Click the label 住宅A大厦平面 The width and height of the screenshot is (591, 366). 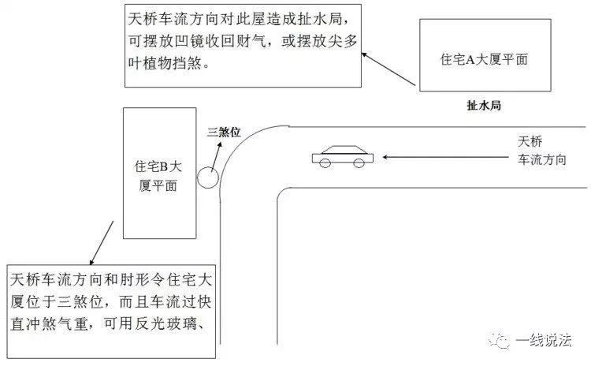(484, 60)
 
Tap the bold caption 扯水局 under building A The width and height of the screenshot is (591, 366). (484, 105)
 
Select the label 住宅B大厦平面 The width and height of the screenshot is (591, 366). (158, 176)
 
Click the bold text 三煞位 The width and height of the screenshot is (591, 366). (224, 132)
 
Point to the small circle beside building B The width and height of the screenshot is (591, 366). (207, 177)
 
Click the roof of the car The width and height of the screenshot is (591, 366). (344, 149)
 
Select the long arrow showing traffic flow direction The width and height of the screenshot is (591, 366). (445, 157)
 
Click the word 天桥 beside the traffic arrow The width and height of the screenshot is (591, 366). (530, 141)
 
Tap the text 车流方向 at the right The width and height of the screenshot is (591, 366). (542, 159)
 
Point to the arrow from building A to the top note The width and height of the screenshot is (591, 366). (388, 69)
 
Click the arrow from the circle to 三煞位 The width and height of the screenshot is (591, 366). (216, 157)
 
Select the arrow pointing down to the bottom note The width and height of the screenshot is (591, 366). (102, 243)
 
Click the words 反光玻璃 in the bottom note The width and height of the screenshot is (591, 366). (165, 323)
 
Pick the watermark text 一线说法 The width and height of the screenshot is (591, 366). (543, 340)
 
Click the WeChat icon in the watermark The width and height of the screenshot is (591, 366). (499, 341)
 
